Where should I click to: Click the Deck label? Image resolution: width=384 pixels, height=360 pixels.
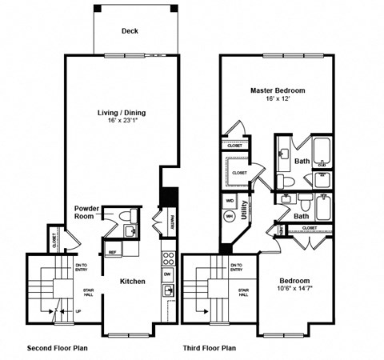pos(130,31)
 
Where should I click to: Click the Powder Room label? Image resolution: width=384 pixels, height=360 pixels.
pos(87,212)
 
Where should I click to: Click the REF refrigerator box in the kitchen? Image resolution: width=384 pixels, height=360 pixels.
pos(113,251)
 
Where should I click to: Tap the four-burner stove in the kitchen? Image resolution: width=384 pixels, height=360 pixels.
pos(168,258)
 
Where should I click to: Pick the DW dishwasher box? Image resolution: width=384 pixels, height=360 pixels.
pos(168,274)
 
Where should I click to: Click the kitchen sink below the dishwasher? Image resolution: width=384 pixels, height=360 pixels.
pos(168,290)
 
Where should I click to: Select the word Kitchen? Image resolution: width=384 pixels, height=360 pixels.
pos(132,282)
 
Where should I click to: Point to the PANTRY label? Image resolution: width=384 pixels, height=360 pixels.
pos(171,220)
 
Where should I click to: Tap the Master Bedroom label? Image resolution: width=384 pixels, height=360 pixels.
pos(277,90)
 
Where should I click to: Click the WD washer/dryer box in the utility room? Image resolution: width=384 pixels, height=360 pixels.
pos(230,201)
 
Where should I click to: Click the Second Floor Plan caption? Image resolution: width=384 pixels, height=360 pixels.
pos(58,348)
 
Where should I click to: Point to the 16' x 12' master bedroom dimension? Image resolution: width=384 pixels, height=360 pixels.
pos(277,99)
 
